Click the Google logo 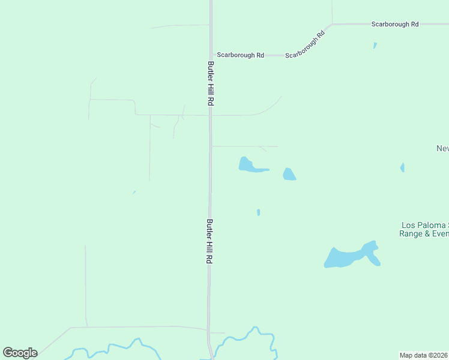20,353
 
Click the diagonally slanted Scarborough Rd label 305,45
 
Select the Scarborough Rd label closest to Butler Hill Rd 240,55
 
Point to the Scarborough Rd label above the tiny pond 394,25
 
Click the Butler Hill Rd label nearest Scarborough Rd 211,83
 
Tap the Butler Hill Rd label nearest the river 210,241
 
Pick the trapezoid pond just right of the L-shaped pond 289,175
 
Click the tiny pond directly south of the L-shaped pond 258,212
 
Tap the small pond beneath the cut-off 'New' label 402,167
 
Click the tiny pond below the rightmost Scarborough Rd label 375,46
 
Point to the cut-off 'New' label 442,149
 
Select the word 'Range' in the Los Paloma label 411,234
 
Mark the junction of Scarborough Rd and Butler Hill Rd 211,55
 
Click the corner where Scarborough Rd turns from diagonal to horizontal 332,25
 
